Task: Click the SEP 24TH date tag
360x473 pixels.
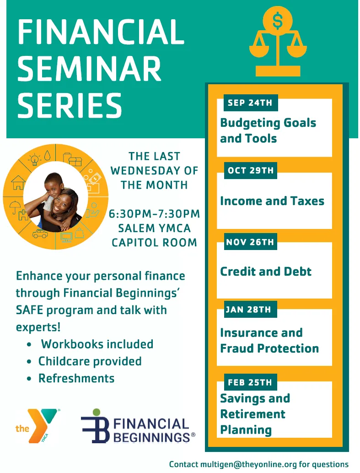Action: click(x=251, y=103)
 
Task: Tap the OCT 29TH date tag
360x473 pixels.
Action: click(x=250, y=170)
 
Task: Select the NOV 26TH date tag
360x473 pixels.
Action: click(x=250, y=242)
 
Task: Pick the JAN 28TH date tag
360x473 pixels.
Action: click(x=250, y=310)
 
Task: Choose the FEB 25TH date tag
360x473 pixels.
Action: click(x=250, y=382)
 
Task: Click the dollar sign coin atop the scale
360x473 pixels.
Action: click(x=278, y=21)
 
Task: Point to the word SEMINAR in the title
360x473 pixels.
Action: click(x=89, y=69)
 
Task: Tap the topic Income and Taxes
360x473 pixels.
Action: click(x=272, y=201)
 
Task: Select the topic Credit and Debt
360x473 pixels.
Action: click(x=266, y=272)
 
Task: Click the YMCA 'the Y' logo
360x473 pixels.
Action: click(x=38, y=426)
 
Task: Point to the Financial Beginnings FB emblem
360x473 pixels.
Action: click(x=95, y=426)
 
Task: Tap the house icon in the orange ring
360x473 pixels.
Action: click(x=18, y=183)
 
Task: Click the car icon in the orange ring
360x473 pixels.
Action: click(x=40, y=234)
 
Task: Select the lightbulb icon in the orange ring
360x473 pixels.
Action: click(x=35, y=159)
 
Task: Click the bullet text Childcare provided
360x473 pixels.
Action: click(x=90, y=361)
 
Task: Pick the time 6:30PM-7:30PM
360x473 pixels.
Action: click(x=154, y=213)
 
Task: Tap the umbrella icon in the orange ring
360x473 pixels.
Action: click(x=15, y=207)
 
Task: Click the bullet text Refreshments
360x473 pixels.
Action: click(x=76, y=378)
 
